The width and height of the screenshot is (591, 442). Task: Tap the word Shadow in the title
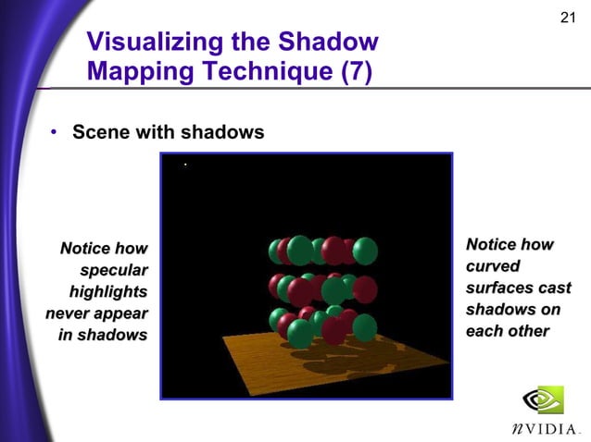[332, 43]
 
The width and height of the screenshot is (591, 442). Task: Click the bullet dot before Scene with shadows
[55, 134]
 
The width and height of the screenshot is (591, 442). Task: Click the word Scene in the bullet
[101, 133]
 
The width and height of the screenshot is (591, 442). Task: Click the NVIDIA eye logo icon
[542, 399]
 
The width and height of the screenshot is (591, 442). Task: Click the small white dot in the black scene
[185, 165]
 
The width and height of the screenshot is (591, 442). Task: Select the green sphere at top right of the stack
[365, 250]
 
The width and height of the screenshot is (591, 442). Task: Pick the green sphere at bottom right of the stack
[365, 326]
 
